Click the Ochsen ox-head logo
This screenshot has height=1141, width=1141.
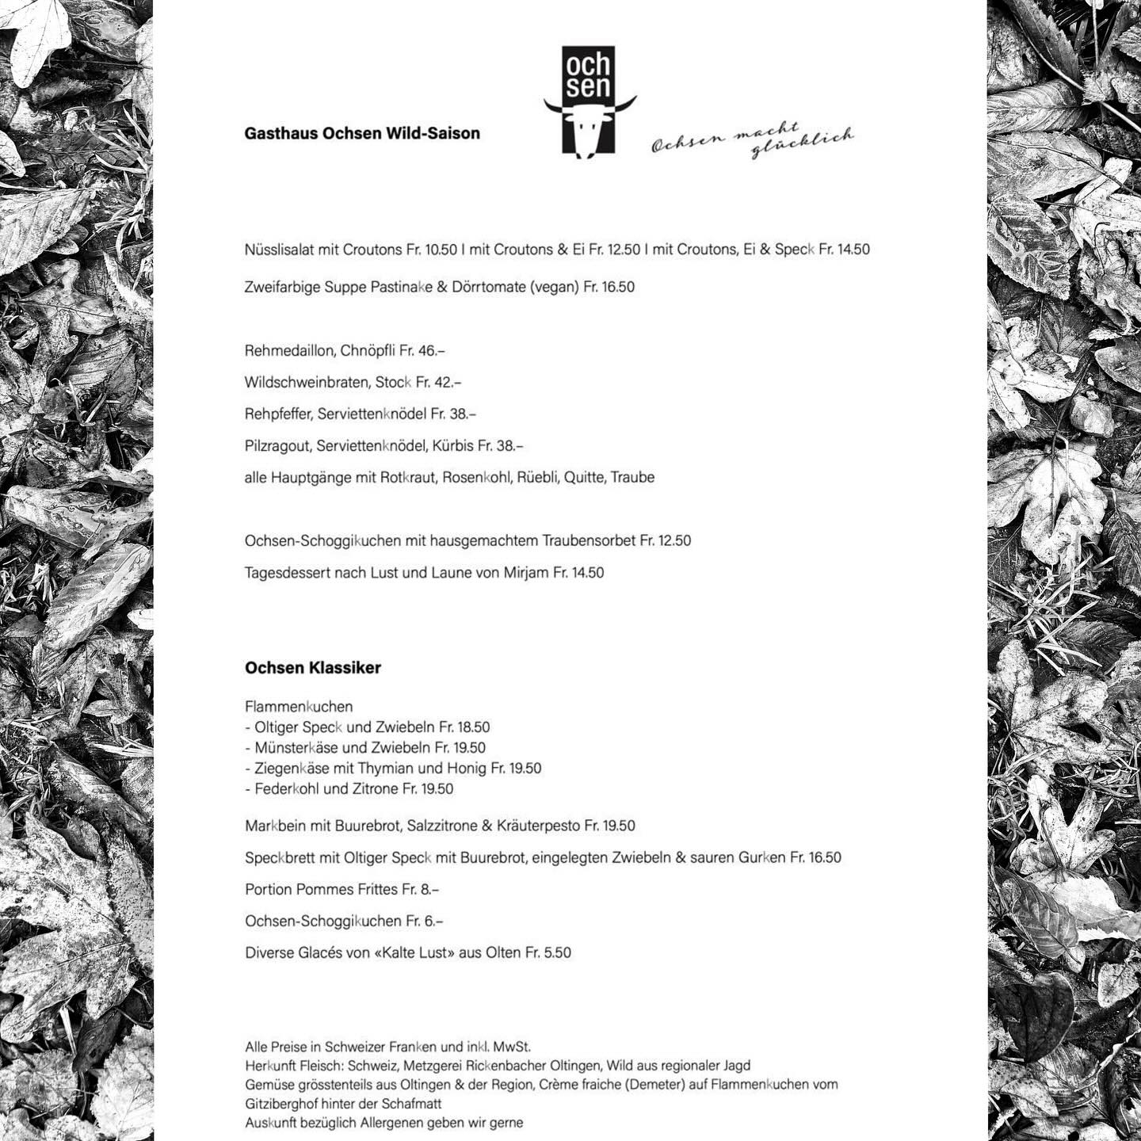(x=589, y=101)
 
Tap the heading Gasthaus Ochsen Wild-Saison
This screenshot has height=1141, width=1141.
(x=362, y=133)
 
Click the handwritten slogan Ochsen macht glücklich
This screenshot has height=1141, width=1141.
(x=752, y=140)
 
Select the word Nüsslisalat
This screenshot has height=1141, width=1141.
(x=279, y=250)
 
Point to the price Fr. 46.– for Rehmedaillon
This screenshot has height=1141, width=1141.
(x=422, y=350)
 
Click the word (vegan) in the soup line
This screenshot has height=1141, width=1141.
(x=555, y=287)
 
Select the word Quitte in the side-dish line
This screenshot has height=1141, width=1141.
(x=583, y=477)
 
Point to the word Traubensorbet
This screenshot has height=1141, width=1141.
(x=589, y=540)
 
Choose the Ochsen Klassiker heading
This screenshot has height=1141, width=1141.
(x=313, y=667)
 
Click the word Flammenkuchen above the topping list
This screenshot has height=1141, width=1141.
(x=299, y=706)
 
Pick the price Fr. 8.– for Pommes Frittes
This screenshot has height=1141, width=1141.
(x=420, y=889)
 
